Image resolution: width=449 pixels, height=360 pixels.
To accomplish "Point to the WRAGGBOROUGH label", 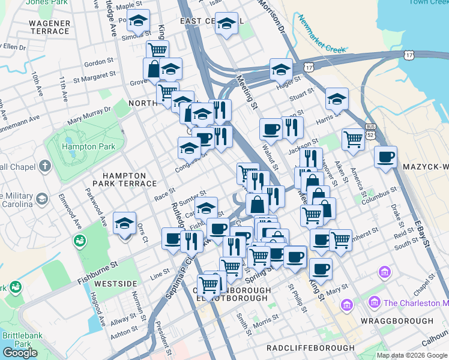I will [405, 321].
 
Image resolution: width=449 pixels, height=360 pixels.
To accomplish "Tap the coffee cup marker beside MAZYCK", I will [385, 157].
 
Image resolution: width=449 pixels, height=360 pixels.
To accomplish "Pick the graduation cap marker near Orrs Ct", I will [124, 224].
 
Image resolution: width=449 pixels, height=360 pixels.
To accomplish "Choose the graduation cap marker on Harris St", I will [337, 98].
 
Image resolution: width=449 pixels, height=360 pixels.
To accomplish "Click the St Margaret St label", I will [94, 76].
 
